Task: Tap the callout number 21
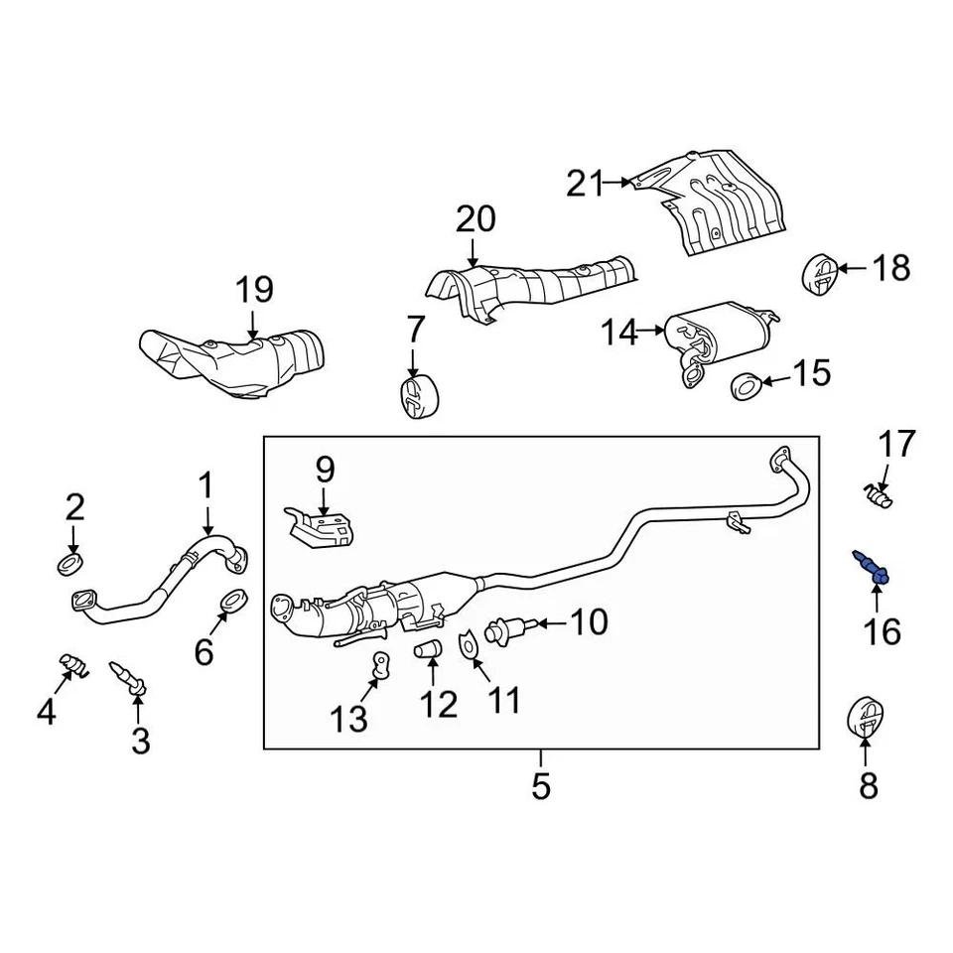point(585,184)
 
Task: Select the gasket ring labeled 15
point(746,384)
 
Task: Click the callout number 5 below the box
point(540,786)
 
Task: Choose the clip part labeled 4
point(72,663)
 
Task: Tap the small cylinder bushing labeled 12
point(429,651)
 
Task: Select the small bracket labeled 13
point(378,668)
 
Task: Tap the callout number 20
point(476,218)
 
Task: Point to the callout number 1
point(205,486)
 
